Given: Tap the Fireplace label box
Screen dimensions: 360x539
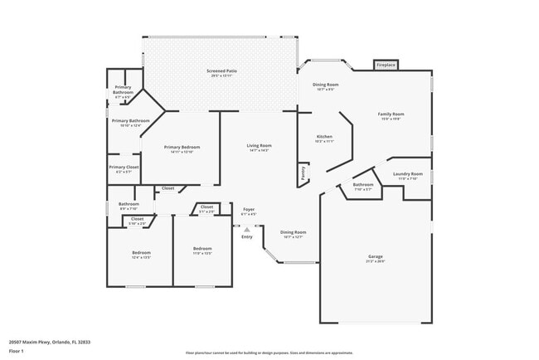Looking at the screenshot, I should click(386, 65).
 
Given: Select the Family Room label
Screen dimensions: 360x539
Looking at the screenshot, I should click(391, 114).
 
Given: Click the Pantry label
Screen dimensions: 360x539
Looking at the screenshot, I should click(303, 174).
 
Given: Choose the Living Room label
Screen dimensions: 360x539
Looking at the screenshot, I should click(259, 147).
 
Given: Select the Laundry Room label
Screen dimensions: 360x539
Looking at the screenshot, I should click(408, 174).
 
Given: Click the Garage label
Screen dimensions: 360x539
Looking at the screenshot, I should click(376, 257).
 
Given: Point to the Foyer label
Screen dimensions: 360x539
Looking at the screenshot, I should click(249, 210).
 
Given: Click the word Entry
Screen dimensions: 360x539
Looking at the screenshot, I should click(247, 238).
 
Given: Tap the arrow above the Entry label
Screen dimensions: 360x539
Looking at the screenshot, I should click(247, 229).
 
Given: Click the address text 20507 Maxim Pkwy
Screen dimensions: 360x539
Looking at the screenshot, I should click(49, 341).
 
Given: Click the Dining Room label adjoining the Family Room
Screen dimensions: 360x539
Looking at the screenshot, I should click(325, 85).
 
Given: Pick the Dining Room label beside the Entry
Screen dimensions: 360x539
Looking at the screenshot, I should click(293, 233).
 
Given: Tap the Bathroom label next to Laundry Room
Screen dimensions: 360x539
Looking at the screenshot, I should click(362, 185).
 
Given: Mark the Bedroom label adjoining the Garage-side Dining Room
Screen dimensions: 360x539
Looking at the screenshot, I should click(203, 249).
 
